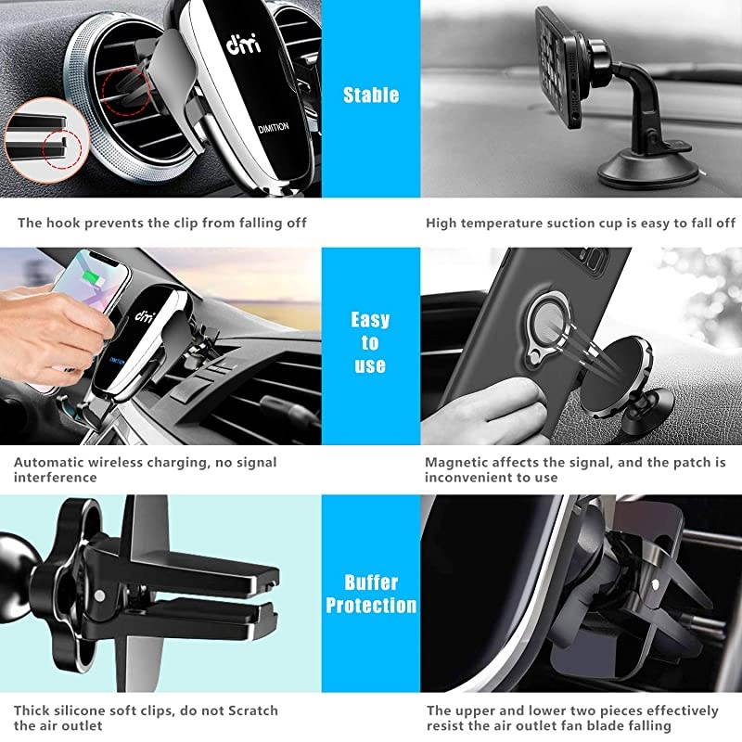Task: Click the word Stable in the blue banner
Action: click(x=370, y=95)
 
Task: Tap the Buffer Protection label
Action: click(x=370, y=595)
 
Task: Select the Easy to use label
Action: click(x=370, y=342)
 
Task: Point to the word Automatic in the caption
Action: click(x=48, y=461)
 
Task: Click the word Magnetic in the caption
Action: click(x=455, y=461)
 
